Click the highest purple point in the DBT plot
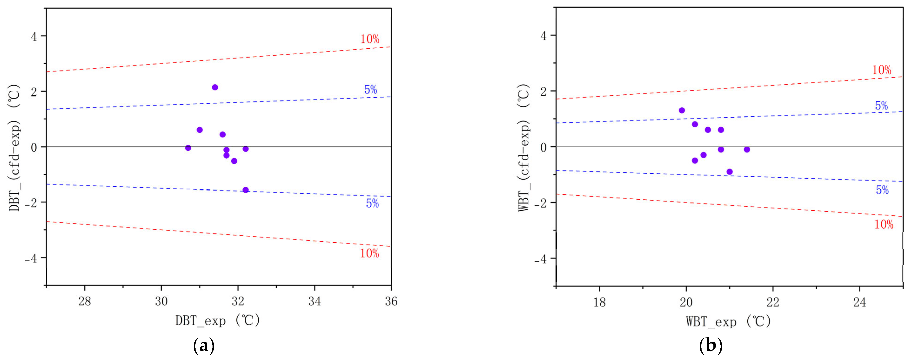215,87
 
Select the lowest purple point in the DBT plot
246,190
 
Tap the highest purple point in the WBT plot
682,110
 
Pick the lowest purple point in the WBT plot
730,172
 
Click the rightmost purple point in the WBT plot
747,149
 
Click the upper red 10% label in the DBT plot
370,39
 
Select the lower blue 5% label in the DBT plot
372,204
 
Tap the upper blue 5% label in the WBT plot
882,106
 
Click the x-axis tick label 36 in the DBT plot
391,302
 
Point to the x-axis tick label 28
85,302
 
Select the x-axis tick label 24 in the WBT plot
860,302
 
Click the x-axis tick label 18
599,302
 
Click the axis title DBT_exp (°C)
218,321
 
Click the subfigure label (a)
204,345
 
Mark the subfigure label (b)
711,345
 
